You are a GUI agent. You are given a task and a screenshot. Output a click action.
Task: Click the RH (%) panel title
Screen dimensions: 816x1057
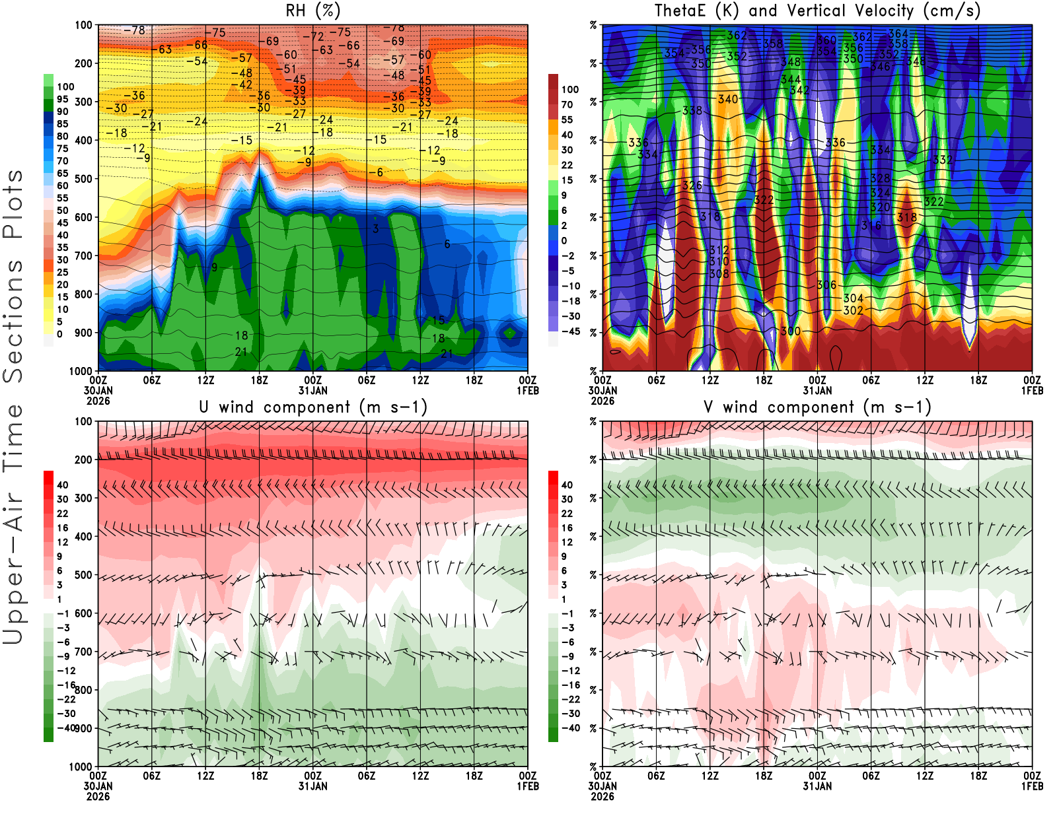pos(313,11)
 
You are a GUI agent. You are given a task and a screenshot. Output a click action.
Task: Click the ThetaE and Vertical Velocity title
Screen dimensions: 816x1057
pos(817,11)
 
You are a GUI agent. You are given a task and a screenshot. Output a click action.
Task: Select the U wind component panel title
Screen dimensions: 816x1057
pos(313,407)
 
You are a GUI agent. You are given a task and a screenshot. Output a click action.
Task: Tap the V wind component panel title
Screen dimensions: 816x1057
pos(817,407)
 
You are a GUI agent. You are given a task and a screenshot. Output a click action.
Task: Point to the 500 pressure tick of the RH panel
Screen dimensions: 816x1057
pos(84,179)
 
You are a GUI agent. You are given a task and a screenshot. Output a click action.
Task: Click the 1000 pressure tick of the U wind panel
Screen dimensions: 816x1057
pos(81,766)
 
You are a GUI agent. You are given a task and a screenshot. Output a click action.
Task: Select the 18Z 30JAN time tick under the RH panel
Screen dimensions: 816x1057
pos(259,380)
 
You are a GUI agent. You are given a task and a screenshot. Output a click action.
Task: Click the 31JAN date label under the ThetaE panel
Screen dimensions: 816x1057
pos(817,390)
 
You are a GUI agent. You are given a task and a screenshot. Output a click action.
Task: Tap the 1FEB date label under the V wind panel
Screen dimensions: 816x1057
pos(1032,786)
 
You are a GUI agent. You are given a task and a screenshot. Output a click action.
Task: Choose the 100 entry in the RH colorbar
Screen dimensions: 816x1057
pos(65,86)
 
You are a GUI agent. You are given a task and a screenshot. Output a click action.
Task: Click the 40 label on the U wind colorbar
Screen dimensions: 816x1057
pos(63,485)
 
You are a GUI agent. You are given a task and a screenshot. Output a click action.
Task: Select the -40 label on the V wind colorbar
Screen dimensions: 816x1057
pos(571,728)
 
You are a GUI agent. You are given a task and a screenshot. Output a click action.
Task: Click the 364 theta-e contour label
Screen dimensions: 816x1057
pos(898,34)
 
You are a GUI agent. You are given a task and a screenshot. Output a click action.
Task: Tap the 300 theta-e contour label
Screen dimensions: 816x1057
pos(791,331)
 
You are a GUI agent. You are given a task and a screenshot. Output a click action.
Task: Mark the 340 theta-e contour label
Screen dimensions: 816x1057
pos(728,99)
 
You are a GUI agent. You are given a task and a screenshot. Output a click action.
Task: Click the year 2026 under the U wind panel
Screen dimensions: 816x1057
pos(98,796)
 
